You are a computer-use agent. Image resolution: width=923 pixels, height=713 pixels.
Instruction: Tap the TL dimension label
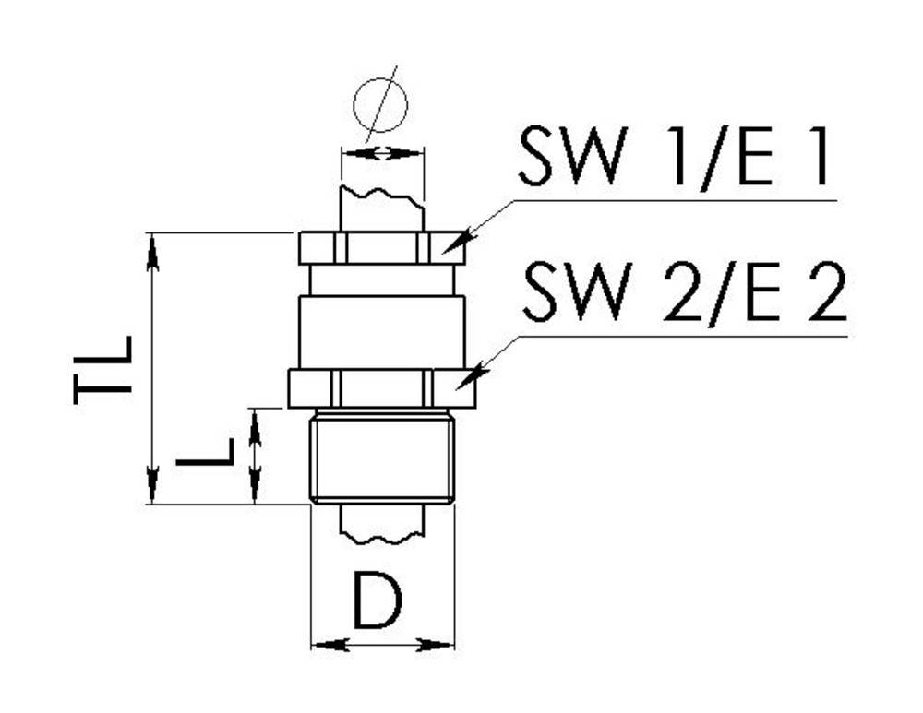(104, 369)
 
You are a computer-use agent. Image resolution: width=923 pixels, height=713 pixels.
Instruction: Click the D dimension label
(378, 600)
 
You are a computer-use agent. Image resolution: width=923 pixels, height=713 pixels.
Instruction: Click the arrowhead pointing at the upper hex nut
(458, 244)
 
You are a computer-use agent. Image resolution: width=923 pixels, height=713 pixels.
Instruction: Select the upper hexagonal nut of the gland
(382, 247)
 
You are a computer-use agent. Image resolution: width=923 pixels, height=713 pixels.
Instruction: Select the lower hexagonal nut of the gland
(382, 387)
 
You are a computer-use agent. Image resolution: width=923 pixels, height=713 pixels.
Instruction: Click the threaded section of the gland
(382, 458)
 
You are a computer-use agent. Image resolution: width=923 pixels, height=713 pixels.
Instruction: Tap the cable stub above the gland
(382, 210)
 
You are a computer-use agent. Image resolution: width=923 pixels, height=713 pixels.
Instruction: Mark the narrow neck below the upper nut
(382, 279)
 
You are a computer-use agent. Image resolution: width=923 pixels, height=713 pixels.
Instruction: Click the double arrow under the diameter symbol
(382, 153)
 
